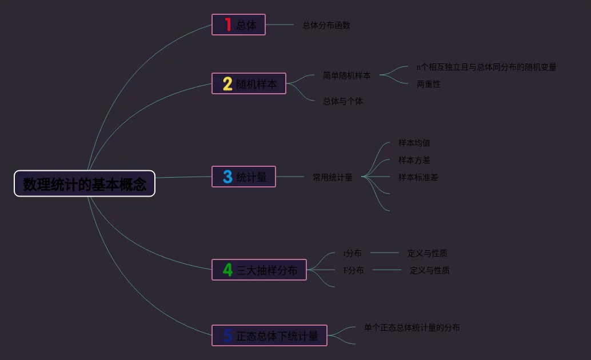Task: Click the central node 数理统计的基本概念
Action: (x=85, y=184)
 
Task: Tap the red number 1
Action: (x=227, y=25)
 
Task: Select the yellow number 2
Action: (x=227, y=84)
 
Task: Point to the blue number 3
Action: (x=227, y=177)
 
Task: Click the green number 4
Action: (x=227, y=270)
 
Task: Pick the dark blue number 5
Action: (x=227, y=335)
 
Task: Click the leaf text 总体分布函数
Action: (x=326, y=25)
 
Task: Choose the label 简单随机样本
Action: (x=346, y=75)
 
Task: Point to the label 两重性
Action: (x=428, y=84)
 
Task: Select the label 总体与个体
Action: (x=343, y=101)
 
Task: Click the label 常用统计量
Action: (x=332, y=177)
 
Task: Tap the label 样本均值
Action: (x=414, y=143)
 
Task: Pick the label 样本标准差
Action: (x=418, y=177)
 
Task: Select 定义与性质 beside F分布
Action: (x=429, y=270)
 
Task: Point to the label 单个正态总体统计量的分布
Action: (x=412, y=327)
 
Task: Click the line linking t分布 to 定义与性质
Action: (x=384, y=253)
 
